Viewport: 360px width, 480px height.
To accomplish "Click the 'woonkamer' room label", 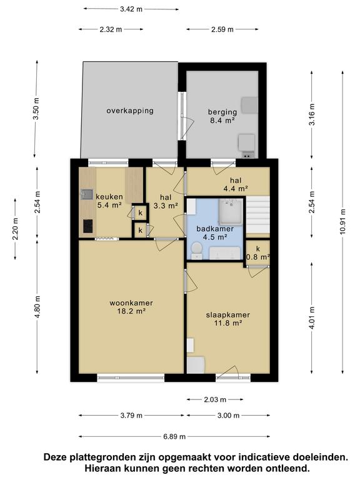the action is point(131,303).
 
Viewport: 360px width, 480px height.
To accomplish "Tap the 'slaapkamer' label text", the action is point(227,315).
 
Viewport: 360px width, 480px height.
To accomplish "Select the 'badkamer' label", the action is point(215,229).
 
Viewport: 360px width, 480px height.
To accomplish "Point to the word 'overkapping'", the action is point(130,111).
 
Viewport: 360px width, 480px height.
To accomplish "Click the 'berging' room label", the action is point(222,112).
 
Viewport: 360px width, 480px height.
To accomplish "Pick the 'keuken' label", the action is point(109,197).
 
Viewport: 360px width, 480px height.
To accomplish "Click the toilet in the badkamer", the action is point(196,251).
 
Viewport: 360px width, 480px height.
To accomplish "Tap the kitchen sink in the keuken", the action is point(87,194).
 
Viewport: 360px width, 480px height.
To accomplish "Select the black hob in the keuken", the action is point(88,226).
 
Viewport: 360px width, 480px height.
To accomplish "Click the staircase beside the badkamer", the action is point(257,215).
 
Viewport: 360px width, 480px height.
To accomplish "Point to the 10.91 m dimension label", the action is point(342,222).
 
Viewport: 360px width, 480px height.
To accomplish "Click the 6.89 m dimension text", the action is point(174,436).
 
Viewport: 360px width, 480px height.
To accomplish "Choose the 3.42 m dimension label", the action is point(131,9).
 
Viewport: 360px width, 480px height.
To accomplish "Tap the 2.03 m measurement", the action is point(215,399).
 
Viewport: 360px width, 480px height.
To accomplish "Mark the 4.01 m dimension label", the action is point(312,318).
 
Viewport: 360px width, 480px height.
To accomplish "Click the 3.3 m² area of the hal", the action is point(166,206).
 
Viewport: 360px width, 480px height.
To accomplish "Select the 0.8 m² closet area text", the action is point(258,257).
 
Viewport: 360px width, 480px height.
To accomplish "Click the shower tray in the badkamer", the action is point(231,211).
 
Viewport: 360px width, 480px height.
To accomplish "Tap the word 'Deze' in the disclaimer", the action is point(56,457).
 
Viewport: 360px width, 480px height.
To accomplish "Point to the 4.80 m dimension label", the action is point(37,307).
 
